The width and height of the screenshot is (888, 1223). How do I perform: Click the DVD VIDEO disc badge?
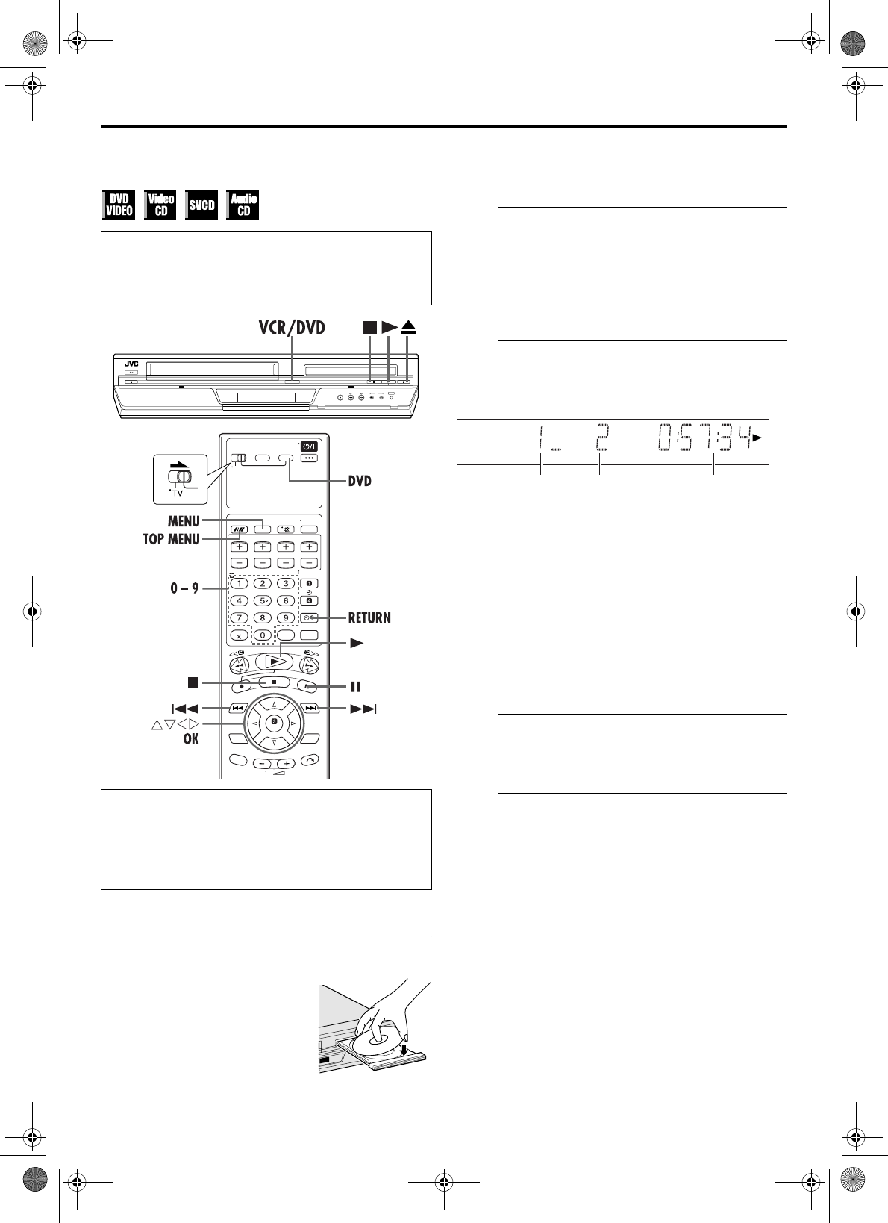[x=119, y=205]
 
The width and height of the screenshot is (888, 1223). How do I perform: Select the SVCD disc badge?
[x=201, y=205]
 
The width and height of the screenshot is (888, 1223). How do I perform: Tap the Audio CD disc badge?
[x=243, y=205]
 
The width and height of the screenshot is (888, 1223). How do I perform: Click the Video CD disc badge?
[x=160, y=205]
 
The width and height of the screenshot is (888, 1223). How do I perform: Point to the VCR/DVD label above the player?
[x=292, y=328]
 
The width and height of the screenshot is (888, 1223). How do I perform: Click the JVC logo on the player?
[x=131, y=364]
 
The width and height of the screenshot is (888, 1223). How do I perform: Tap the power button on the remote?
[x=309, y=446]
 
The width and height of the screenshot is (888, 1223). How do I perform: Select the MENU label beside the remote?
[x=184, y=521]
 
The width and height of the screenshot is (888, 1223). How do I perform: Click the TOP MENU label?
[x=172, y=539]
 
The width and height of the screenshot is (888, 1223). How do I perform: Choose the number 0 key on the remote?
[x=263, y=635]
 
